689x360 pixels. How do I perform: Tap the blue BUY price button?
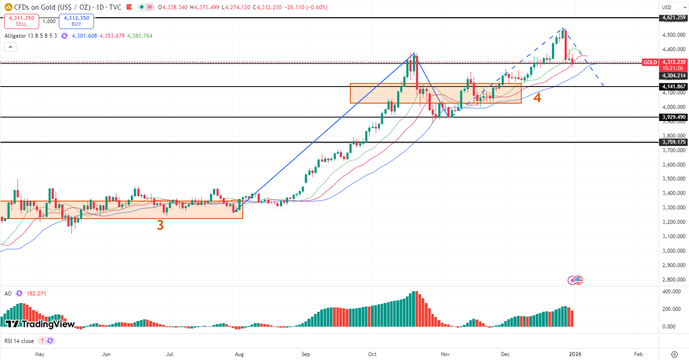76,21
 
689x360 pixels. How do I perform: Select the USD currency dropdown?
672,7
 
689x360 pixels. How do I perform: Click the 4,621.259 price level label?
674,17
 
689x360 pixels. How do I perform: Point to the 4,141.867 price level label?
674,87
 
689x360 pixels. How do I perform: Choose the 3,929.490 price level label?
674,117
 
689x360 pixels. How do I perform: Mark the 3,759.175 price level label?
674,142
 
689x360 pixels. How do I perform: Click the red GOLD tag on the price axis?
650,62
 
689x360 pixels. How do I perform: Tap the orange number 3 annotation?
160,225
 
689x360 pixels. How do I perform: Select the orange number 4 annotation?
537,98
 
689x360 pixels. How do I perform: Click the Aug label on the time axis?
239,354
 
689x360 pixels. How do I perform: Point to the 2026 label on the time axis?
575,354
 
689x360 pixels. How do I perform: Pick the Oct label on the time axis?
372,354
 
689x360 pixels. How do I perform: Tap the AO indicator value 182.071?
36,293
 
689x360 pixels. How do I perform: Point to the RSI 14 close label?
19,341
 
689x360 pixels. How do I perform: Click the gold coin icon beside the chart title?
8,7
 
